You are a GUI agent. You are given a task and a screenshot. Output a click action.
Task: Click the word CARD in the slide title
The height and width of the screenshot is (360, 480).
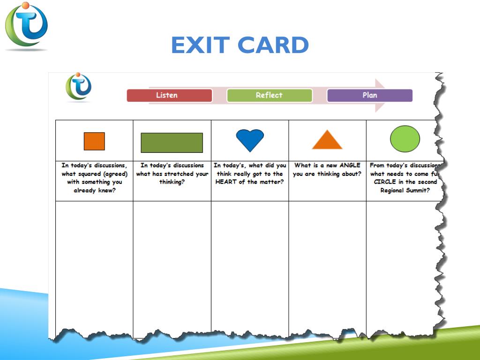(273, 45)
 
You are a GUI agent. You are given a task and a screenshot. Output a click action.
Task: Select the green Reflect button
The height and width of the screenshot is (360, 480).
(269, 95)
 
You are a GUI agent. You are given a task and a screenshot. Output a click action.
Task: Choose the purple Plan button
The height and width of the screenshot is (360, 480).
(369, 95)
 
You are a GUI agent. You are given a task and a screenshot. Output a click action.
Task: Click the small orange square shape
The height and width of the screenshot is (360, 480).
(94, 141)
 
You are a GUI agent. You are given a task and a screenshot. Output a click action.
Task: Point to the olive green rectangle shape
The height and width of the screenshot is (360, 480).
(172, 142)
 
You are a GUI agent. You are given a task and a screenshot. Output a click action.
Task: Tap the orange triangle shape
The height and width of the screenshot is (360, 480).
(327, 140)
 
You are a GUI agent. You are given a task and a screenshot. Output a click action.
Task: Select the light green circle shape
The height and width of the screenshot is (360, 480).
(405, 139)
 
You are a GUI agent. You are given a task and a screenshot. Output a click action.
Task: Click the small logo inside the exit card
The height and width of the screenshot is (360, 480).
(79, 87)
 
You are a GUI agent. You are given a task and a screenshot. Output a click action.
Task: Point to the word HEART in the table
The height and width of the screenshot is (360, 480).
(226, 182)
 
